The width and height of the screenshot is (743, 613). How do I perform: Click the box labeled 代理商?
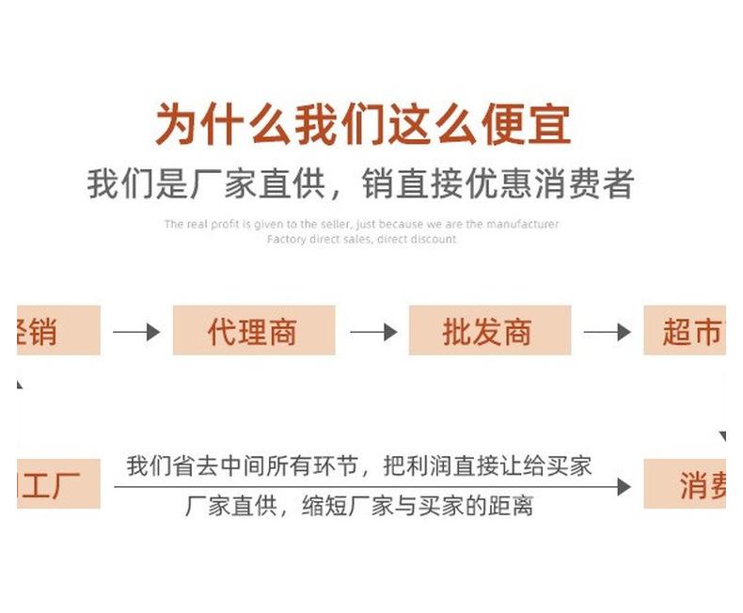(253, 331)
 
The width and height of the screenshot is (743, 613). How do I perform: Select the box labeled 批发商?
(488, 331)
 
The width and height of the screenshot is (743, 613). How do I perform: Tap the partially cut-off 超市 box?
(684, 331)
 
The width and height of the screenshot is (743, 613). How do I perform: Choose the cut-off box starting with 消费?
(684, 484)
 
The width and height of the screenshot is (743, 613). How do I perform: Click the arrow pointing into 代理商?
(136, 332)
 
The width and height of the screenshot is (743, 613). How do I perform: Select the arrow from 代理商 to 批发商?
(372, 332)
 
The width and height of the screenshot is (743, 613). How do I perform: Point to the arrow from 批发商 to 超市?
(607, 332)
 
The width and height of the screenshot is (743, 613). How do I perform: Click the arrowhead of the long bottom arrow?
(623, 486)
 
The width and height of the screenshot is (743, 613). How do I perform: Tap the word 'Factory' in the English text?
(287, 240)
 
